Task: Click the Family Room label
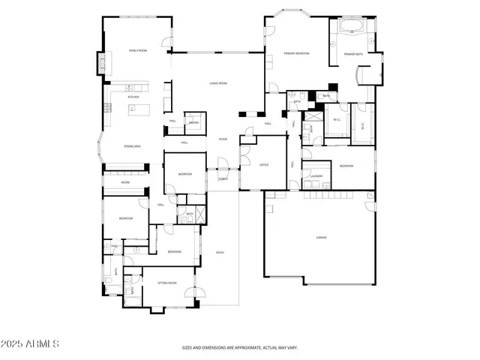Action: [x=137, y=50]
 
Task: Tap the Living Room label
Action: [x=218, y=83]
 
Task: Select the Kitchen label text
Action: [x=134, y=97]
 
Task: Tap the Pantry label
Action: [x=193, y=122]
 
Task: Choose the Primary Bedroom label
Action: [x=296, y=54]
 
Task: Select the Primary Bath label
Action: [x=354, y=55]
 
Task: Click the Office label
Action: [x=264, y=164]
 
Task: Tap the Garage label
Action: [x=321, y=237]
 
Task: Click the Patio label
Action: [x=220, y=252]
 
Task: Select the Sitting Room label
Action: [x=167, y=283]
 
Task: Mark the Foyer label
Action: [x=223, y=139]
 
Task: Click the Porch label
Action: [x=223, y=179]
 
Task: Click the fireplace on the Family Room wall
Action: [x=99, y=64]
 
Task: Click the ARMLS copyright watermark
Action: [x=30, y=343]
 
